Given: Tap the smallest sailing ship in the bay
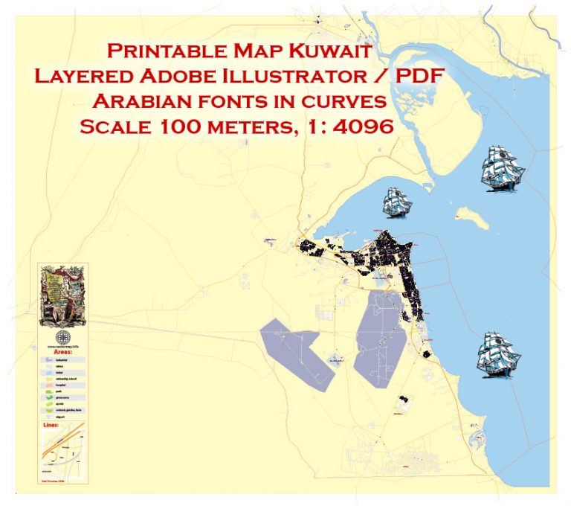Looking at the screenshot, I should [x=397, y=202].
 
